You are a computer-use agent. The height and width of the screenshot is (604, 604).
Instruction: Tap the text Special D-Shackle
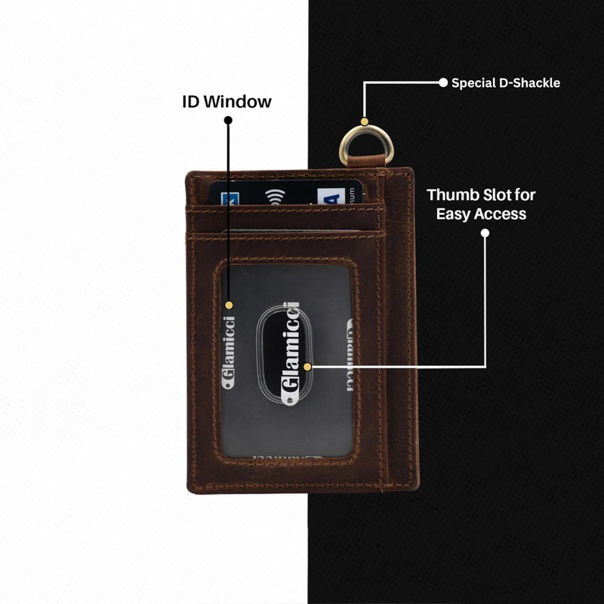(505, 83)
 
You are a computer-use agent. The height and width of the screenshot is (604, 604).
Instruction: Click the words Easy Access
(481, 214)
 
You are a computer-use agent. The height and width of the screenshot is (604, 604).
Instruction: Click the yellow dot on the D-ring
(364, 122)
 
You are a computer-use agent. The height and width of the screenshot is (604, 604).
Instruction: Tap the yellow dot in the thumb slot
(307, 367)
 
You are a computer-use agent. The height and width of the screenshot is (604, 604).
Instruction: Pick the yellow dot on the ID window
(229, 305)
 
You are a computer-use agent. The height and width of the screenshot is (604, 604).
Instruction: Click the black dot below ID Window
(228, 119)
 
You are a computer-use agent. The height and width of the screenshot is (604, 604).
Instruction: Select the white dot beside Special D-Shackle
(443, 83)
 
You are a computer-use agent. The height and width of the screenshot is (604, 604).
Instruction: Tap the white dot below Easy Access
(485, 233)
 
